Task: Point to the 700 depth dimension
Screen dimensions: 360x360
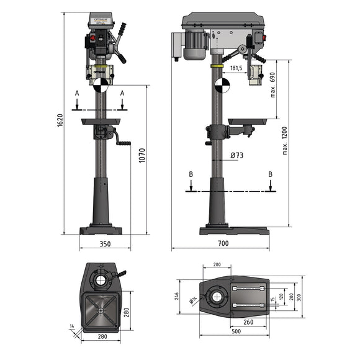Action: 223,244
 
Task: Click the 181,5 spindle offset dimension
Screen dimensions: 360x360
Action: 236,69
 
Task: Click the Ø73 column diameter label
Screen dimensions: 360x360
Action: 236,156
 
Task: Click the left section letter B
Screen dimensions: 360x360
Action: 192,175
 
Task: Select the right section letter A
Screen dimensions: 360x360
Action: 122,92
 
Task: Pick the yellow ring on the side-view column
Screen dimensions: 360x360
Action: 217,65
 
